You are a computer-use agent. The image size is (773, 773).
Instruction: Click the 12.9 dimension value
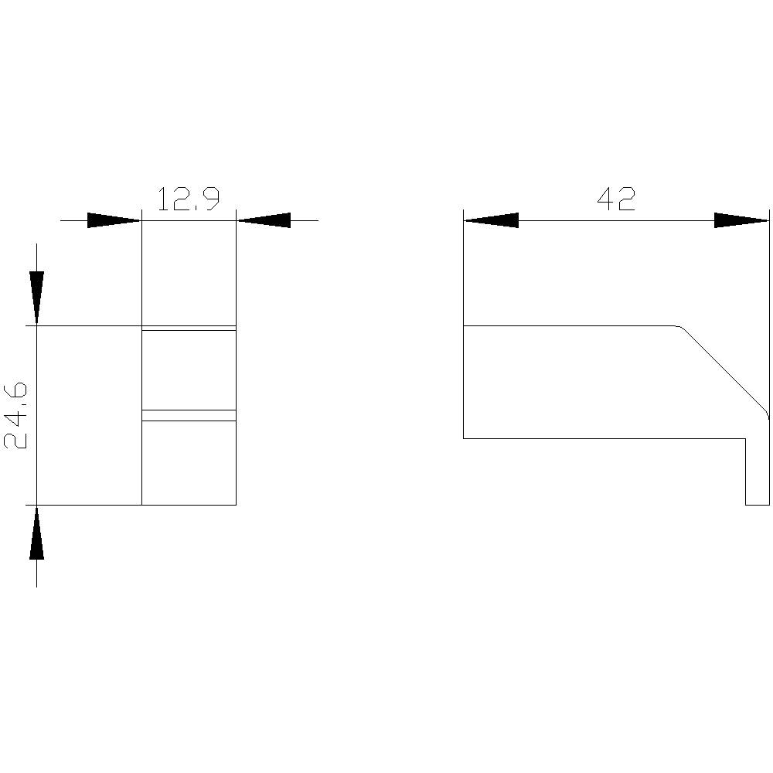(189, 199)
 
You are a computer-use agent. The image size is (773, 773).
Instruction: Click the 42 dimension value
(616, 199)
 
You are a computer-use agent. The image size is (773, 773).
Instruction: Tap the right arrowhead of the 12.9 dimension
(264, 220)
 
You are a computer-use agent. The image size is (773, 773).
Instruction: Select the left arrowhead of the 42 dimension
(491, 220)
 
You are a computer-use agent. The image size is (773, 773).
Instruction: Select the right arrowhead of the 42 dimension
(741, 220)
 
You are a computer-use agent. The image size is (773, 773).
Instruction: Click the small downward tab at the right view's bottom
(758, 472)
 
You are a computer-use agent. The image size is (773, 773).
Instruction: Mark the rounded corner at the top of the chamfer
(680, 328)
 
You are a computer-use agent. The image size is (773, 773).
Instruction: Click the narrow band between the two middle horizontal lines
(189, 415)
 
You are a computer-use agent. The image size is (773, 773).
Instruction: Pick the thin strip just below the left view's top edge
(189, 329)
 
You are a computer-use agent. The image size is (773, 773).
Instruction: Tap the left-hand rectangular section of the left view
(89, 415)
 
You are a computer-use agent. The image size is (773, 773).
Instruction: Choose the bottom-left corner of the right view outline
(464, 438)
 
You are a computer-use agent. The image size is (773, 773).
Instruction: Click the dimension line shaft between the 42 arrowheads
(616, 220)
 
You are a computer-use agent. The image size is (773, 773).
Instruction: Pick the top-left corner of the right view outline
(464, 326)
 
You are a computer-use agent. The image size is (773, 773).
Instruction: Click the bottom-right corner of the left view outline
(236, 505)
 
